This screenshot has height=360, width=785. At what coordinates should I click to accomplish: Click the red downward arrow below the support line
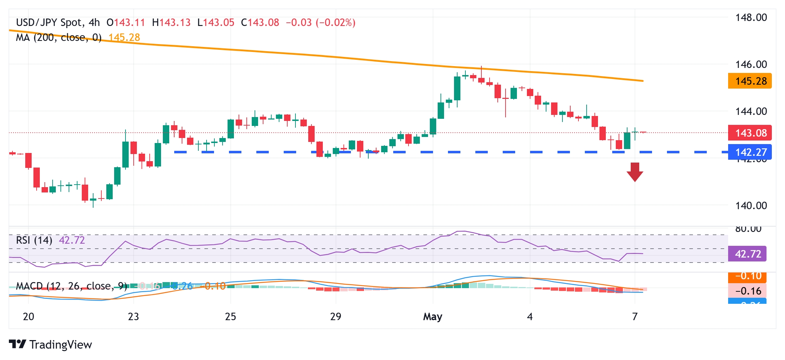(x=635, y=172)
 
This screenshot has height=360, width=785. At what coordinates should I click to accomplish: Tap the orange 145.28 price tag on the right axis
(x=750, y=81)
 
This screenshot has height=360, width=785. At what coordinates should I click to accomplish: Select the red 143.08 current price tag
(x=750, y=133)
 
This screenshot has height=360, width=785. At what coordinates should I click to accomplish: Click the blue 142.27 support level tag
(x=750, y=152)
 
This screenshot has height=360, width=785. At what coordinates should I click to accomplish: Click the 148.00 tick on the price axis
(x=751, y=17)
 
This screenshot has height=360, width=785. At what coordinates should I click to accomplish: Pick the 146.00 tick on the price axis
(x=751, y=64)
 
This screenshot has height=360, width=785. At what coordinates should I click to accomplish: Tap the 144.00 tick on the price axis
(x=751, y=111)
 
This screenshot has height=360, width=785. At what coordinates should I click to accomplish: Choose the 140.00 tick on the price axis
(x=751, y=205)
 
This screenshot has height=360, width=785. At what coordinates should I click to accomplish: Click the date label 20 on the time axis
(x=28, y=317)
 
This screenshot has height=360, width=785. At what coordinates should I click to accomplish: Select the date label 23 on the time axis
(x=133, y=317)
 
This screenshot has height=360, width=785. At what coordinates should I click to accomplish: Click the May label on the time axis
(x=432, y=317)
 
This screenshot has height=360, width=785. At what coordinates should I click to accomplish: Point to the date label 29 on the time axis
(x=336, y=317)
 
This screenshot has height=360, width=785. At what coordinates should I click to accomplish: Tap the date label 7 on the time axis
(x=635, y=317)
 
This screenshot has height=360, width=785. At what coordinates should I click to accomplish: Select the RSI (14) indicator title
(x=34, y=240)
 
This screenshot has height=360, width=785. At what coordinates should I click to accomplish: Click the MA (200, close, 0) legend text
(x=59, y=37)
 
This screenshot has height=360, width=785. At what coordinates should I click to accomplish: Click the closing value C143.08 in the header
(x=260, y=23)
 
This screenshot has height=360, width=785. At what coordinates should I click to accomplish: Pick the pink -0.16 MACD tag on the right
(x=748, y=291)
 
